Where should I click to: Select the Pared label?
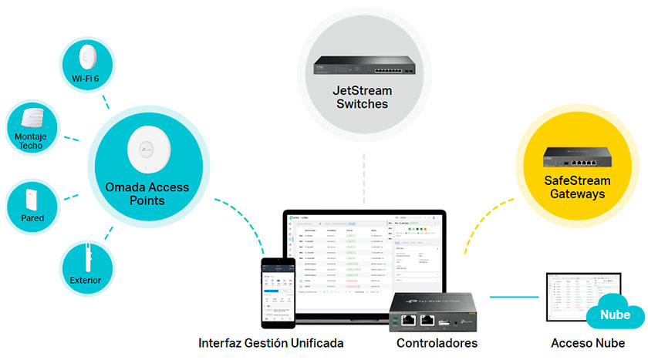click(32, 218)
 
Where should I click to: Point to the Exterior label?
click(86, 280)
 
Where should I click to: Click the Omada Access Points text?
click(147, 193)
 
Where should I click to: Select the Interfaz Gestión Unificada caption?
click(271, 343)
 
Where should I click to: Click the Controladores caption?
click(437, 343)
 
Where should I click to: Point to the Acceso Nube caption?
click(588, 343)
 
